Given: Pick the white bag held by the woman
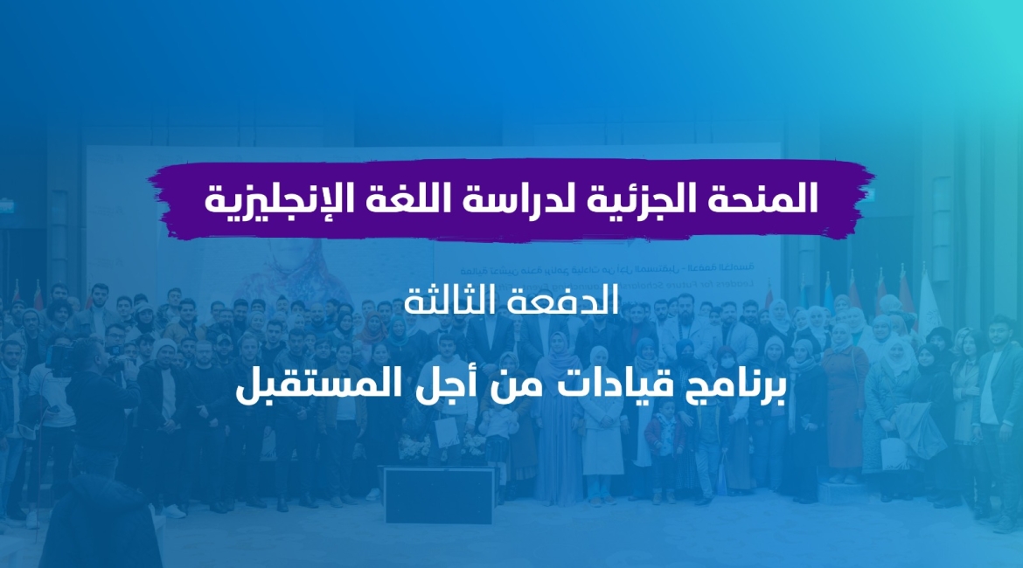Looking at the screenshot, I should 893,453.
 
